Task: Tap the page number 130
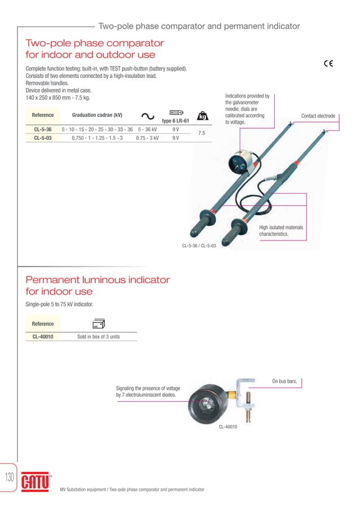(x=10, y=477)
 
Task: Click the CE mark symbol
(x=328, y=63)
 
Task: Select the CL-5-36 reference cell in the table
(x=43, y=129)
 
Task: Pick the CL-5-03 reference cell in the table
(x=43, y=138)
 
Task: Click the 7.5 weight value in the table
(x=202, y=133)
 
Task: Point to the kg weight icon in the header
(x=202, y=116)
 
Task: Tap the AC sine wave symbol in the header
(x=148, y=116)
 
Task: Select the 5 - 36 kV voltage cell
(x=147, y=129)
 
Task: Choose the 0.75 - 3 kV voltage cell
(x=147, y=138)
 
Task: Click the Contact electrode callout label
(x=318, y=116)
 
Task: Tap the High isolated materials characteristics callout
(x=281, y=230)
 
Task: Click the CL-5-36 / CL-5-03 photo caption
(x=199, y=245)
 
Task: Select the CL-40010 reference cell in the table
(x=43, y=337)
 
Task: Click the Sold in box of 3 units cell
(x=98, y=337)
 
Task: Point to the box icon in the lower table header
(x=98, y=324)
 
